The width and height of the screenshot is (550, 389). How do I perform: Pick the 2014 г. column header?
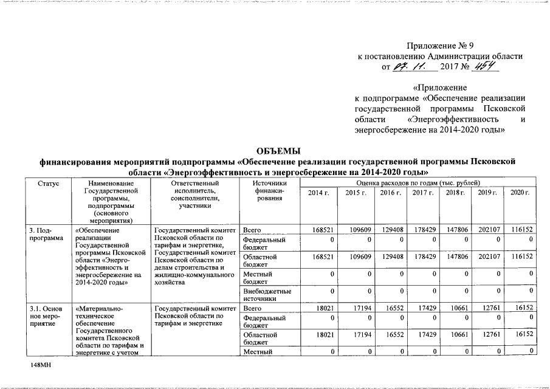[318, 193]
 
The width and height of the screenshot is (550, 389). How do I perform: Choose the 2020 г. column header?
[520, 193]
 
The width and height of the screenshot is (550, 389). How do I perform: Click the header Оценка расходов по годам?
[419, 183]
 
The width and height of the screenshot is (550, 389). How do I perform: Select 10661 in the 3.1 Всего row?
[458, 309]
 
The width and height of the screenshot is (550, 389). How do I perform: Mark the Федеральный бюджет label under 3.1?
[264, 322]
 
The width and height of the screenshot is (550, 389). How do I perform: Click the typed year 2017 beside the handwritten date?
[452, 67]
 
